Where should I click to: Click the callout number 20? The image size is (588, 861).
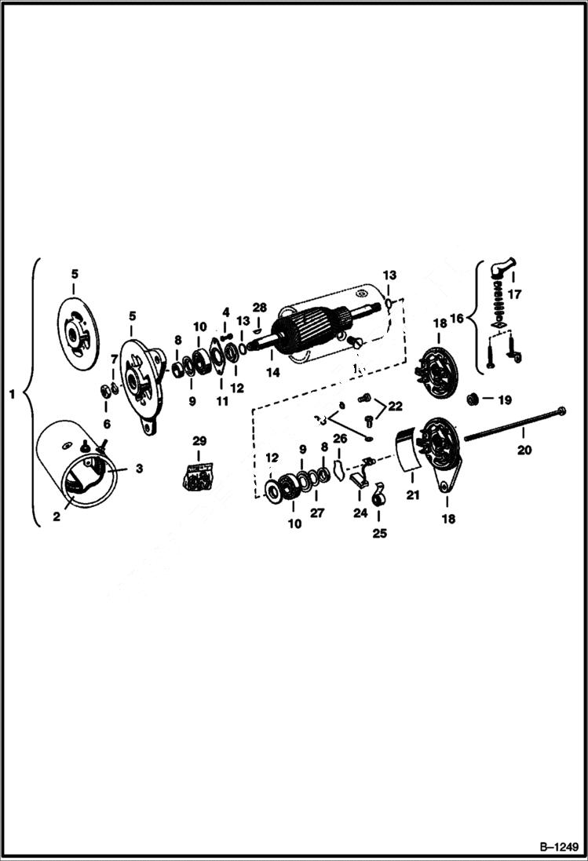523,451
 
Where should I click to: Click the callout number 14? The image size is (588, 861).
272,373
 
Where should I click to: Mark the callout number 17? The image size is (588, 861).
515,297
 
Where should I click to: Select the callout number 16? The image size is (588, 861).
462,319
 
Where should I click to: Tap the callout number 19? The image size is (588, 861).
504,399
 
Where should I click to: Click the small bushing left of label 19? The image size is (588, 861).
473,399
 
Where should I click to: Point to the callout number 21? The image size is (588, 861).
412,495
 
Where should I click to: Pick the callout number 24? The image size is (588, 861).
360,513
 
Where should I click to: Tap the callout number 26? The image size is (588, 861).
339,438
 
